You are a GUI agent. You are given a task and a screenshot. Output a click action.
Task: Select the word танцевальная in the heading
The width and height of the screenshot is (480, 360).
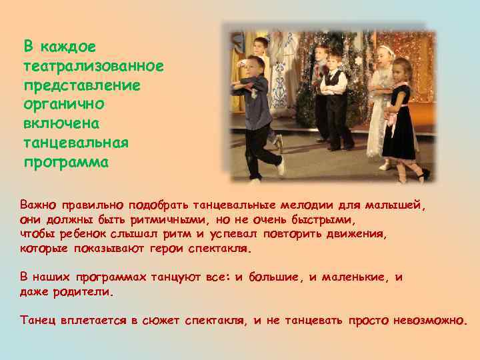76,143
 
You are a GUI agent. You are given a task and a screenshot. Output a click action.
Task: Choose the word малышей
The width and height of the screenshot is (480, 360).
397,205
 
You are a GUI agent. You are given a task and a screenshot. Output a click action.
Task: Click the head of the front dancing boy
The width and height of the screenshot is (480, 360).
254,67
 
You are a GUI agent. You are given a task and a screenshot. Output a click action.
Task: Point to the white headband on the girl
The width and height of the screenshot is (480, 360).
387,49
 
